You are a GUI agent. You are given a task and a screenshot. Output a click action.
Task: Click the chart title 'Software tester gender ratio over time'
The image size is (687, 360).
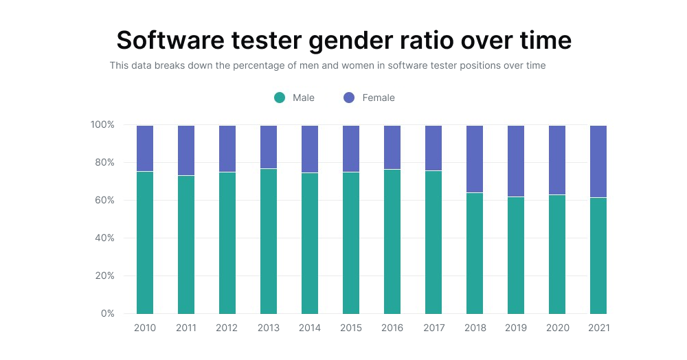click(343, 41)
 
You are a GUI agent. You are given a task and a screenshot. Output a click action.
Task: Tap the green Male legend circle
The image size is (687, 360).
click(280, 98)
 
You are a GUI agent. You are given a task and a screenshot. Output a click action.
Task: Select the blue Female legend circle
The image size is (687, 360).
click(349, 98)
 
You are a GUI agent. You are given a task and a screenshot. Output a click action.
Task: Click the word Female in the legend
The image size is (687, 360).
click(379, 98)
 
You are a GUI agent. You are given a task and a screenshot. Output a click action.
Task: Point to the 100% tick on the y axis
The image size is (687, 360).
click(102, 125)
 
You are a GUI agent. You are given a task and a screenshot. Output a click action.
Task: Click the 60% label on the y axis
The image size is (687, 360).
click(104, 201)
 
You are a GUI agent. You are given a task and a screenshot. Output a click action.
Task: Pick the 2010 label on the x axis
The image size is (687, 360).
click(145, 328)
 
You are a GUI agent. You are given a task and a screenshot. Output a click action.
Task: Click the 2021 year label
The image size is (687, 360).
click(598, 328)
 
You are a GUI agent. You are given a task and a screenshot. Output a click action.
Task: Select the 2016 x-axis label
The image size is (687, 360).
click(392, 328)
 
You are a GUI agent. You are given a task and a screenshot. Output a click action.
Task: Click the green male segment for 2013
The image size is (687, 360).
click(269, 241)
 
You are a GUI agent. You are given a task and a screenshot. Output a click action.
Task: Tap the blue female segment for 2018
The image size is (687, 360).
click(475, 159)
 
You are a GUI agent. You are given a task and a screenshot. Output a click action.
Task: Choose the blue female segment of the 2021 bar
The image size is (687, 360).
click(598, 161)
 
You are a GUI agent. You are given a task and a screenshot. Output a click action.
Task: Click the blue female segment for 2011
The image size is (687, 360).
click(186, 150)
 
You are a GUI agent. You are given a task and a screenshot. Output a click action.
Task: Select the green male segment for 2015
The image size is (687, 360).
click(351, 243)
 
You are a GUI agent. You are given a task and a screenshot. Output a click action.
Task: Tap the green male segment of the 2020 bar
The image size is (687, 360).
click(557, 254)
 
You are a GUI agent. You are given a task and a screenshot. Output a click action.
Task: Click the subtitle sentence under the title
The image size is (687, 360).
click(328, 66)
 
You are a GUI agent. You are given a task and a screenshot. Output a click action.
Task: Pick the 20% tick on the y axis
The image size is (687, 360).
click(104, 276)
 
